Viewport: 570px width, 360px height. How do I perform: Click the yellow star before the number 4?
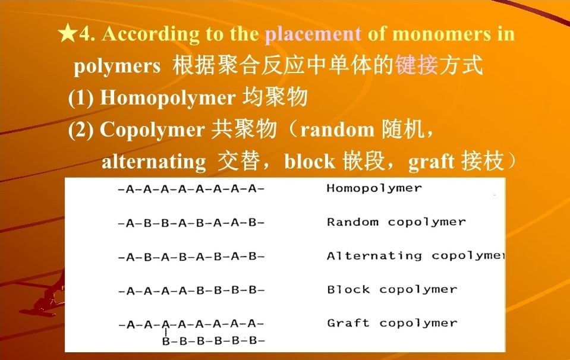(68, 33)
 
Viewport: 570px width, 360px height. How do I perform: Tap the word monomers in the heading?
(441, 34)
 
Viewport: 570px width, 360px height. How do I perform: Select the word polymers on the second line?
(117, 67)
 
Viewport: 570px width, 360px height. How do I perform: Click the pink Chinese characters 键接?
(417, 65)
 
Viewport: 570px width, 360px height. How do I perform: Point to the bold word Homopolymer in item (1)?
(168, 98)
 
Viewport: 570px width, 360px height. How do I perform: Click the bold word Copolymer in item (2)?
(153, 130)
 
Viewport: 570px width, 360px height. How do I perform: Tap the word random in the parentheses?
(337, 130)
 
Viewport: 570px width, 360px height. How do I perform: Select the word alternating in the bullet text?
(154, 162)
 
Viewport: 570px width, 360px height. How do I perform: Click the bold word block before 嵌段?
(310, 162)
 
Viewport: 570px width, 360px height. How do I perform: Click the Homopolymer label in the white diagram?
(374, 188)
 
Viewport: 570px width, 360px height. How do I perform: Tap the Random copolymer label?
(396, 222)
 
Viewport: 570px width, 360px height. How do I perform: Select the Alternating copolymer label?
(416, 255)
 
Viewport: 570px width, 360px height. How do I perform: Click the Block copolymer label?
(392, 289)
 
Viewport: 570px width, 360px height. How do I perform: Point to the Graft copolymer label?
(392, 323)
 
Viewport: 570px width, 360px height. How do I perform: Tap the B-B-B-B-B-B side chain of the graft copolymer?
(213, 341)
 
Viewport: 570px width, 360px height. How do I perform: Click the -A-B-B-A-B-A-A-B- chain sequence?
(191, 223)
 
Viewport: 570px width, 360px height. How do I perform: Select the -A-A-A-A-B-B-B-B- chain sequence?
(191, 290)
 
